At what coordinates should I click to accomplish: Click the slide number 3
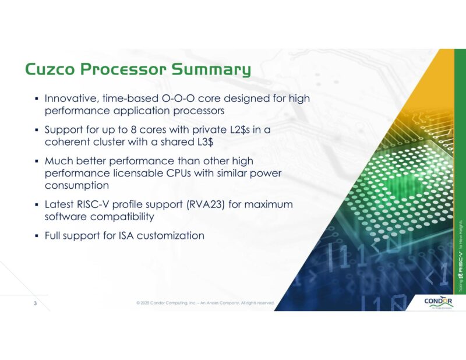34,303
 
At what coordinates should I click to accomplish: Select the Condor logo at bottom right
439,303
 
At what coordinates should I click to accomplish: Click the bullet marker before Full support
37,237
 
